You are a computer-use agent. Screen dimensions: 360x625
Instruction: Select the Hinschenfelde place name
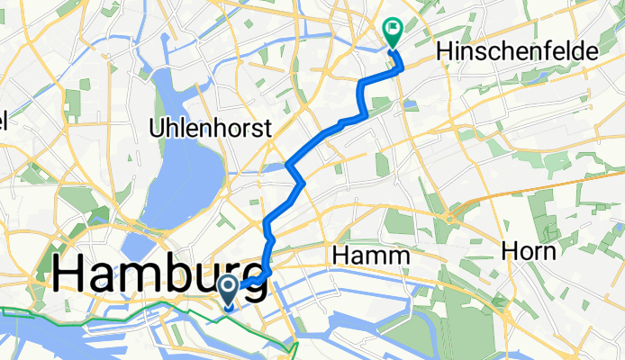(x=517, y=54)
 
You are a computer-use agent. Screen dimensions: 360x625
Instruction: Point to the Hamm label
(x=371, y=256)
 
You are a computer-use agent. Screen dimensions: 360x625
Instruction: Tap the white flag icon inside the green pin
(x=394, y=29)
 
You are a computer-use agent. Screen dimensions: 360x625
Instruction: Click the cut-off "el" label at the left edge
(x=4, y=121)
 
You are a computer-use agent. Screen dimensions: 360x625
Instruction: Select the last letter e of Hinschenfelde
(x=591, y=54)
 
